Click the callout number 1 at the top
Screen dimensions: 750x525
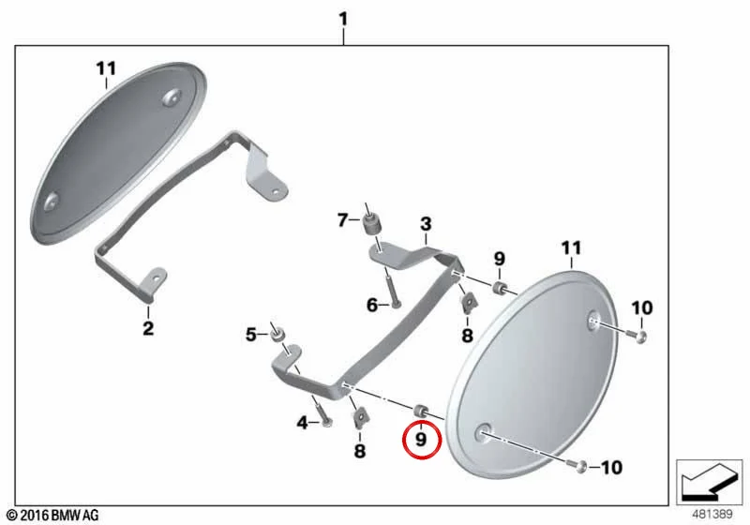343,20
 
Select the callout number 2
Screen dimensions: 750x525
148,328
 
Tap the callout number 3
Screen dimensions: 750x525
426,224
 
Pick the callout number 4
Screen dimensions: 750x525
302,423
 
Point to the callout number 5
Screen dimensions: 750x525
251,335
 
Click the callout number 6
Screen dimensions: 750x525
372,305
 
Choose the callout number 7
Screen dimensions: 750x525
342,220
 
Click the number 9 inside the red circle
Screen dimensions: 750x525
421,439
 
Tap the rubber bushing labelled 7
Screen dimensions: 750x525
369,225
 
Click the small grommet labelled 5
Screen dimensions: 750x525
277,335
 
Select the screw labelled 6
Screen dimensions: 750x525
392,289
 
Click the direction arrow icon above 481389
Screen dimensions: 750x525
710,481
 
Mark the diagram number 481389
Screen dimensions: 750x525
712,515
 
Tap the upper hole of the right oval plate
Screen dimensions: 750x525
594,321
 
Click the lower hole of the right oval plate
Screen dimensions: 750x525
483,433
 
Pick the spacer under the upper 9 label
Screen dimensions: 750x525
500,289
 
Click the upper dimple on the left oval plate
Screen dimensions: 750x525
172,97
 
